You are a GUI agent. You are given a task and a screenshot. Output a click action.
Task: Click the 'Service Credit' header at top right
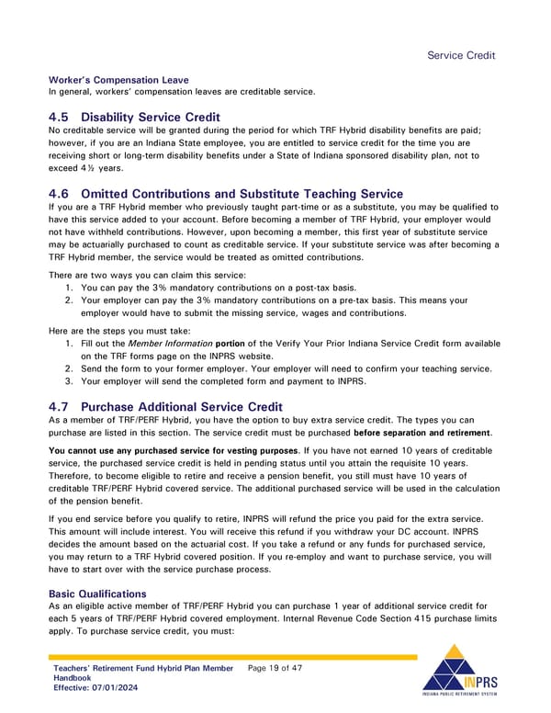pyautogui.click(x=462, y=55)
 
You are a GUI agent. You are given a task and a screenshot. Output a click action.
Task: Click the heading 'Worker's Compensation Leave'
pyautogui.click(x=118, y=80)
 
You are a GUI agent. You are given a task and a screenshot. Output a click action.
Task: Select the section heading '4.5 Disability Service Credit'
pyautogui.click(x=134, y=117)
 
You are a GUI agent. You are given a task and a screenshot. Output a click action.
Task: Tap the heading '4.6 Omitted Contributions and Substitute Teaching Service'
pyautogui.click(x=225, y=193)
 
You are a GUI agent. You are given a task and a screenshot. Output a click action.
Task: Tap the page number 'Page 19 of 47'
pyautogui.click(x=275, y=668)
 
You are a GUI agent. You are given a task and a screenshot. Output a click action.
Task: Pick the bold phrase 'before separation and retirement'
pyautogui.click(x=423, y=433)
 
